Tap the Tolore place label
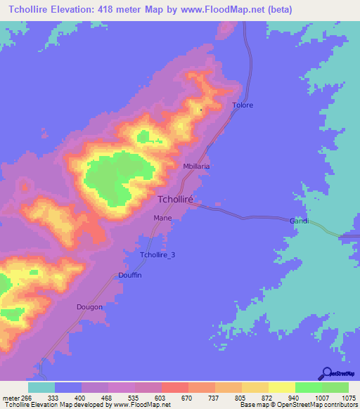pos(243,105)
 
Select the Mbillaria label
pos(196,167)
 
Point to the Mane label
pos(162,218)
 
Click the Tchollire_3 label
pos(157,255)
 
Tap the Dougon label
pos(89,307)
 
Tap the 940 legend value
pos(283,398)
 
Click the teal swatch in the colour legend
pos(41,387)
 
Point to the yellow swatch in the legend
pos(282,387)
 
